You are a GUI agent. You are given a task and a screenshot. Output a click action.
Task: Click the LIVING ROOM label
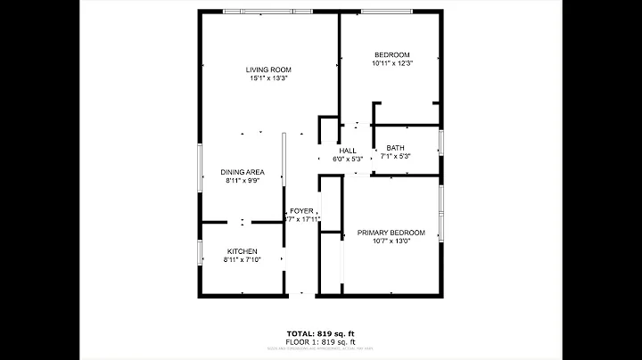pyautogui.click(x=268, y=70)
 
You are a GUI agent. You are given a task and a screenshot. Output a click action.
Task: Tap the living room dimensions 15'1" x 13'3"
pyautogui.click(x=268, y=78)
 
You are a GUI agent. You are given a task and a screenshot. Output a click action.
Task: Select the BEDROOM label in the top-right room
pyautogui.click(x=391, y=54)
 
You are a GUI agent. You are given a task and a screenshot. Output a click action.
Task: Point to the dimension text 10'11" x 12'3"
pyautogui.click(x=391, y=63)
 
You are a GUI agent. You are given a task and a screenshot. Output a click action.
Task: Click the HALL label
pyautogui.click(x=348, y=151)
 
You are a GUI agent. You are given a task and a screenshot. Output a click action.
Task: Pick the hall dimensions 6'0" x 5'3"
pyautogui.click(x=348, y=160)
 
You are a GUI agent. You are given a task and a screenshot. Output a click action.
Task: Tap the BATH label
pyautogui.click(x=395, y=148)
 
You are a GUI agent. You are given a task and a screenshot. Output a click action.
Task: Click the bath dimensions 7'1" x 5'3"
pyautogui.click(x=395, y=157)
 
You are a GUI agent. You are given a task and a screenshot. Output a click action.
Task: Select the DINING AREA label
pyautogui.click(x=243, y=172)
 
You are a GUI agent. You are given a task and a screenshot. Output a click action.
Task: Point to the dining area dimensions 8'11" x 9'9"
pyautogui.click(x=243, y=181)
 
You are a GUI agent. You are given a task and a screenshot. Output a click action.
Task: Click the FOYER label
pyautogui.click(x=301, y=211)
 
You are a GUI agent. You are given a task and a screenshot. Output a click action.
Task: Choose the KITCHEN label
pyautogui.click(x=242, y=251)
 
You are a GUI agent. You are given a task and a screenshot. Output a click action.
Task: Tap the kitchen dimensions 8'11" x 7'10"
pyautogui.click(x=242, y=260)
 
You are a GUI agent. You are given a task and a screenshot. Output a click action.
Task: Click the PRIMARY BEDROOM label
pyautogui.click(x=391, y=233)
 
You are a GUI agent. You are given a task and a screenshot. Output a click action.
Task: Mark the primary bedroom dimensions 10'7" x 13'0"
pyautogui.click(x=391, y=241)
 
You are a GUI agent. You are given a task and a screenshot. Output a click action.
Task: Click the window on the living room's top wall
pyautogui.click(x=267, y=11)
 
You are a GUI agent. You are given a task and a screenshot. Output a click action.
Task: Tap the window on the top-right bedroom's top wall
pyautogui.click(x=385, y=11)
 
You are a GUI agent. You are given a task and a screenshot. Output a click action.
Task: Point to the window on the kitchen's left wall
pyautogui.click(x=198, y=251)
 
